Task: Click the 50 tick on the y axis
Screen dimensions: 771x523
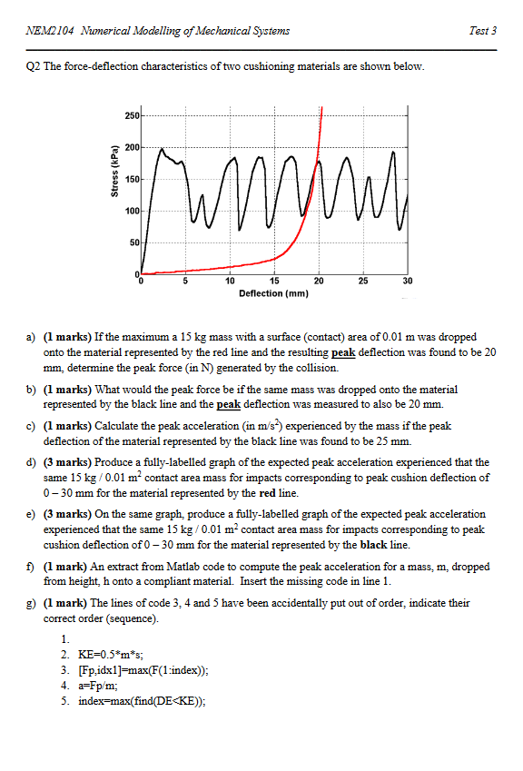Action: point(134,242)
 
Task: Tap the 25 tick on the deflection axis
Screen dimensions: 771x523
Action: point(363,282)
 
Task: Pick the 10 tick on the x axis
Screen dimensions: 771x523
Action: point(230,282)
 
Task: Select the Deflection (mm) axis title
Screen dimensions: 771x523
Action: point(273,293)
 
